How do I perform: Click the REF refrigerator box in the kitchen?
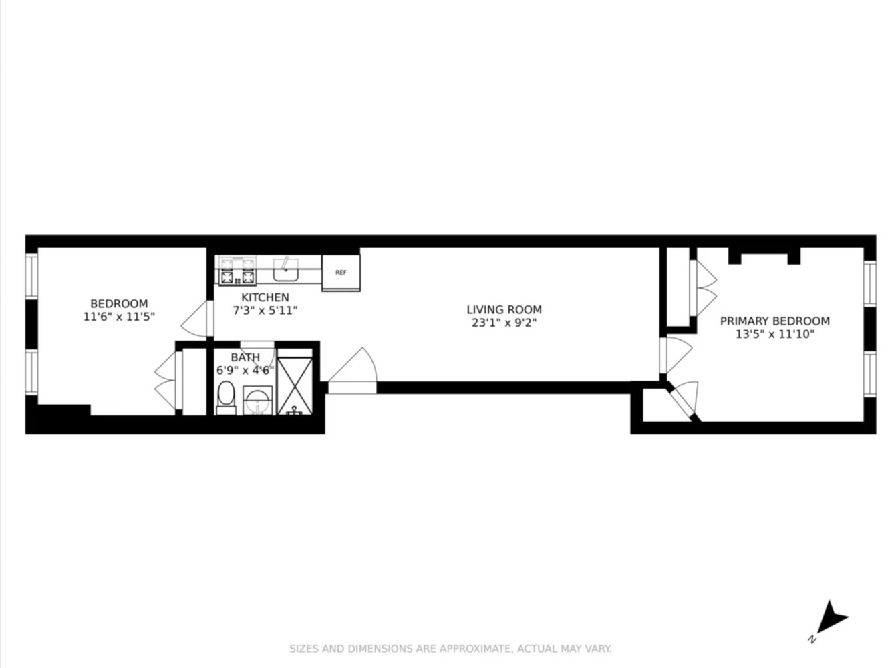[x=341, y=273]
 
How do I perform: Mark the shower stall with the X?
[x=295, y=386]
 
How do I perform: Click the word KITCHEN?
[x=265, y=297]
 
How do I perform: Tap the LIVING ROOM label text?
[x=504, y=309]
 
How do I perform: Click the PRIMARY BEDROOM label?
[x=774, y=321]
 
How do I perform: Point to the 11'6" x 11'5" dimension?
[x=119, y=317]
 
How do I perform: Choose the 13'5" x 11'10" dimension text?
[x=774, y=334]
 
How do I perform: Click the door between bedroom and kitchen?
[x=196, y=319]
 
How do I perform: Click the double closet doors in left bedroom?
[x=166, y=381]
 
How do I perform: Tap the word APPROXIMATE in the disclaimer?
[x=474, y=649]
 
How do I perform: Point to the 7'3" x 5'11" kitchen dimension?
[x=265, y=311]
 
